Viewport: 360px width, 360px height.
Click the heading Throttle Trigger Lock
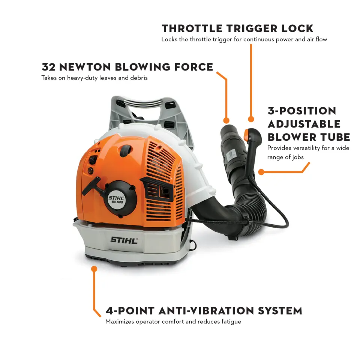tap(237, 28)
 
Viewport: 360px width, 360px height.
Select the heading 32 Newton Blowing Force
tap(127, 67)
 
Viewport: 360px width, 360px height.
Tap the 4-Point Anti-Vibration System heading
tap(204, 310)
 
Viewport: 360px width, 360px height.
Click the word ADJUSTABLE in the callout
tap(304, 124)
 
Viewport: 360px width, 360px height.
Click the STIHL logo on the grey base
tap(124, 240)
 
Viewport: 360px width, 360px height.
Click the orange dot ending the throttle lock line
tap(251, 119)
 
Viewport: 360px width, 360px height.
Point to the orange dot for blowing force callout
tap(226, 121)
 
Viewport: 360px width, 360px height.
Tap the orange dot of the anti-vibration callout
tap(94, 268)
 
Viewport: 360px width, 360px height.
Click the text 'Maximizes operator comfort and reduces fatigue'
tap(173, 321)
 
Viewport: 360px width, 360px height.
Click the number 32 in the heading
tap(48, 67)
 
